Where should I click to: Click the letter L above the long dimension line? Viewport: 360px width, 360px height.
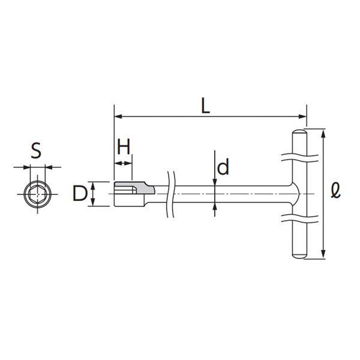(x=205, y=106)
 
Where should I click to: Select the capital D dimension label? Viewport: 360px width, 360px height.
(x=80, y=194)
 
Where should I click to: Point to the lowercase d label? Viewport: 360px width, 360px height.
(x=223, y=166)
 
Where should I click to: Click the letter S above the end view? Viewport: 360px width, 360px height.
(x=36, y=151)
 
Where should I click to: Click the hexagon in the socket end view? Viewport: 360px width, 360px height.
(x=37, y=194)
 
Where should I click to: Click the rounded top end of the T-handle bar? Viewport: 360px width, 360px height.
(x=299, y=132)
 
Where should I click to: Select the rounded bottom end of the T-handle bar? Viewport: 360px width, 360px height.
(x=299, y=256)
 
